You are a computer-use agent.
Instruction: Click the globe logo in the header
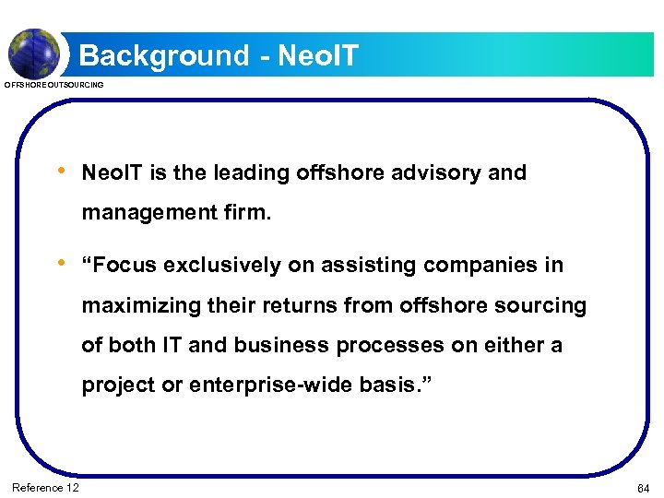tap(34, 53)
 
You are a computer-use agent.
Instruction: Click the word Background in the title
tap(163, 55)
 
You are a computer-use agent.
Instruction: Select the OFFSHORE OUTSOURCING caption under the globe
tap(54, 85)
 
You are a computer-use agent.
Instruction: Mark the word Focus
tap(125, 266)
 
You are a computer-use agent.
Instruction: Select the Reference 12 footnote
tap(46, 487)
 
